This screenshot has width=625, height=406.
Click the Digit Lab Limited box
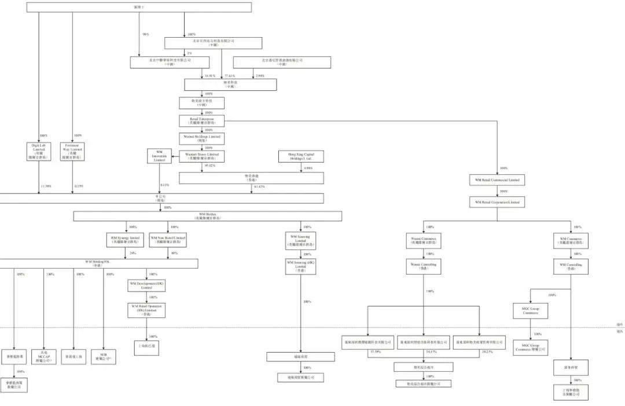click(39, 151)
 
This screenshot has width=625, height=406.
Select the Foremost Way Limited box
click(72, 151)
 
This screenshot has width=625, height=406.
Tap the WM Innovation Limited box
click(159, 156)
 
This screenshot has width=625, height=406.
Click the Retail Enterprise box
click(201, 120)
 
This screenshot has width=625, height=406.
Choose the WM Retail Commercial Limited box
click(497, 180)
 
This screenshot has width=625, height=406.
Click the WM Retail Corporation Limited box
click(497, 202)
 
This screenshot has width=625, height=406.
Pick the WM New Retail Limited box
click(168, 239)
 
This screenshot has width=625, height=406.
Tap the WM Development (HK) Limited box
click(146, 286)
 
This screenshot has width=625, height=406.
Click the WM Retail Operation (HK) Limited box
click(146, 310)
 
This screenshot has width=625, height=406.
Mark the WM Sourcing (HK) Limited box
click(301, 266)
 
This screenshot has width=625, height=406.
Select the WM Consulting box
click(571, 266)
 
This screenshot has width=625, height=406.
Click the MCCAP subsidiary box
click(44, 356)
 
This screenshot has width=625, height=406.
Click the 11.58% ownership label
click(46, 186)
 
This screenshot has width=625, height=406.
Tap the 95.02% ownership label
click(210, 166)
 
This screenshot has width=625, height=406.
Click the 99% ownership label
click(145, 34)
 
